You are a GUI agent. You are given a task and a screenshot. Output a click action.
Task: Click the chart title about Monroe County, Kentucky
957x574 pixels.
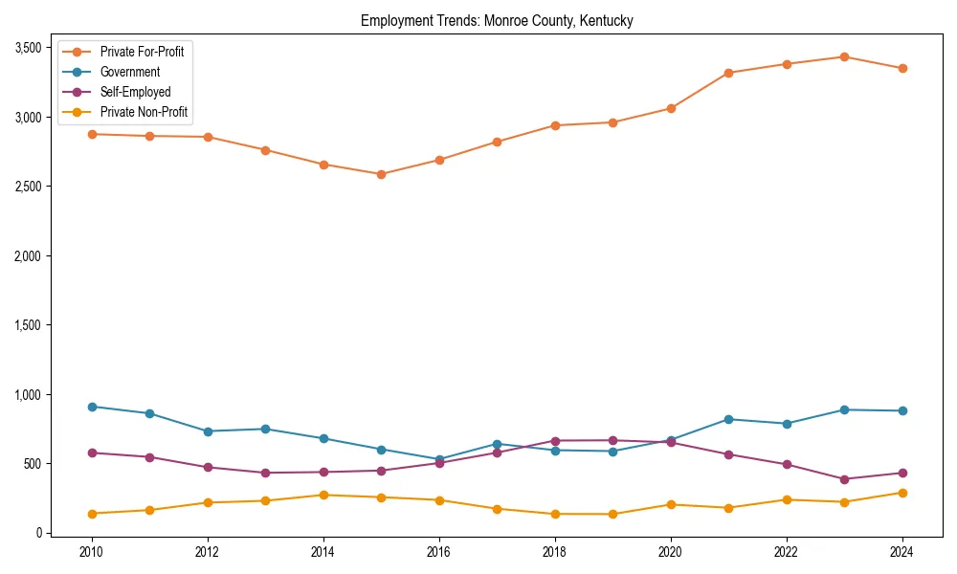pos(497,20)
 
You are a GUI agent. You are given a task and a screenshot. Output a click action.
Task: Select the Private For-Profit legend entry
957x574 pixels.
pos(142,52)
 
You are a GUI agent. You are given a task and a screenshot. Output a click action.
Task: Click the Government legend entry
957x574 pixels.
pos(129,72)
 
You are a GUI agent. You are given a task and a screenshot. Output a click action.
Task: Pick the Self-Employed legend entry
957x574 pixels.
pos(135,92)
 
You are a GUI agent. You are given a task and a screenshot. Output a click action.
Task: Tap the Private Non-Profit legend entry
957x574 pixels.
pos(144,112)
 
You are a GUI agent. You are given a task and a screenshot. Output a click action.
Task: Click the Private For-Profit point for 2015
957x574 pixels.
pos(381,174)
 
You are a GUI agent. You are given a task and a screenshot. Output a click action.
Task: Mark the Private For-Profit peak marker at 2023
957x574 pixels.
pos(844,57)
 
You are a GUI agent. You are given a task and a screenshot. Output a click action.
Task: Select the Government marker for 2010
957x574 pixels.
pos(92,407)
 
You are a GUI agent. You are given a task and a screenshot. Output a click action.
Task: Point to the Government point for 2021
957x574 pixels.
pos(728,419)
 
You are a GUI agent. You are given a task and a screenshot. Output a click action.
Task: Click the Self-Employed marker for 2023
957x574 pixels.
pos(844,479)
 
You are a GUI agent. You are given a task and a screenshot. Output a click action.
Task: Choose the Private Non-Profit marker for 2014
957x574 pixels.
pos(323,495)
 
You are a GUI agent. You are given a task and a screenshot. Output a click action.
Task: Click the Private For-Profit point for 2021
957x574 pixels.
pos(728,73)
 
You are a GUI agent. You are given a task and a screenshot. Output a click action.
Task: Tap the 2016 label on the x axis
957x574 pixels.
pos(439,552)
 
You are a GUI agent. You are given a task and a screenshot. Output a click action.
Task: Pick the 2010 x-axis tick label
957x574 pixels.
pos(92,552)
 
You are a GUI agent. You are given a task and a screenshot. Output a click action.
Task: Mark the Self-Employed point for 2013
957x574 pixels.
pos(265,473)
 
